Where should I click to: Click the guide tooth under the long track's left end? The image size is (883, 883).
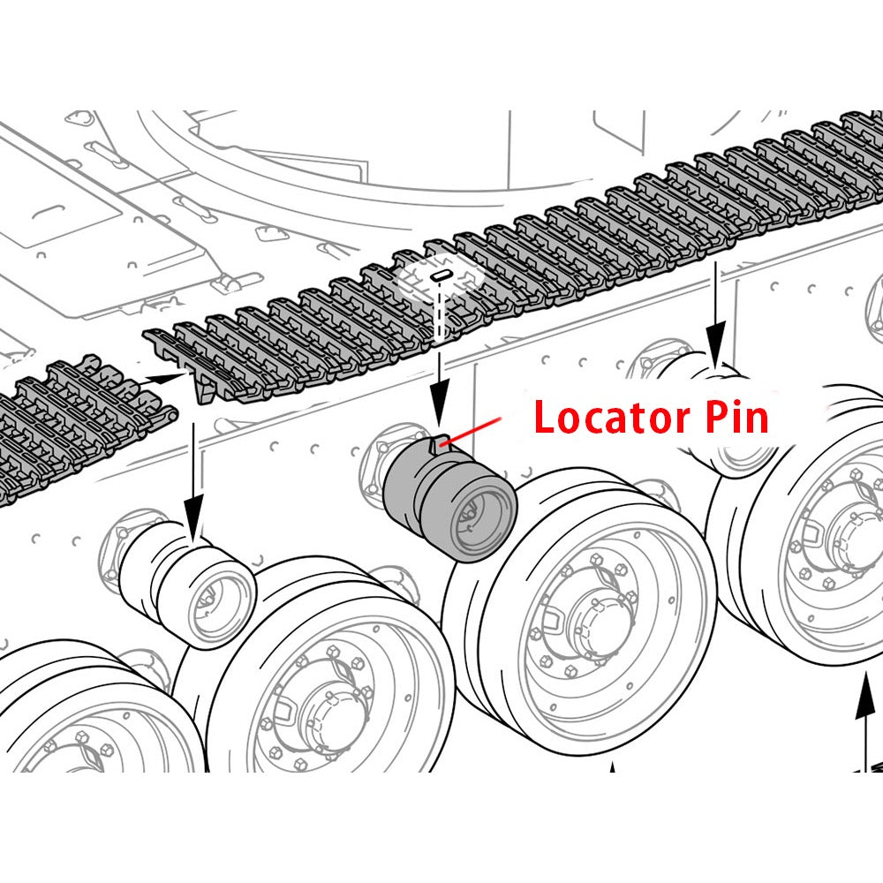[x=204, y=387]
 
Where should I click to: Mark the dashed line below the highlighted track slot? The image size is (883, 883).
[x=439, y=313]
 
